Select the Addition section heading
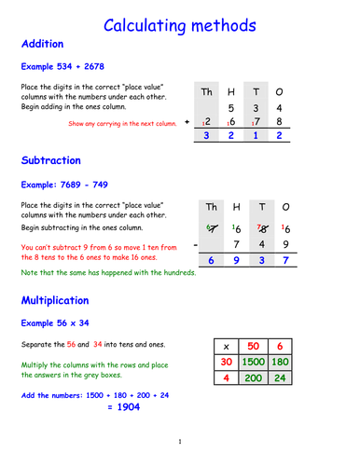pos(41,44)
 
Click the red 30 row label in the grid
pos(226,362)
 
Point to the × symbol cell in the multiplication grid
pos(226,343)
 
